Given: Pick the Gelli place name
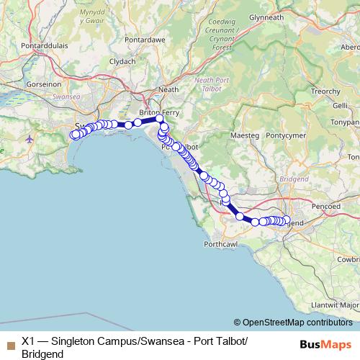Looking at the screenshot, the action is tap(341, 105).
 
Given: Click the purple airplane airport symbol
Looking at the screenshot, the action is tap(29, 138).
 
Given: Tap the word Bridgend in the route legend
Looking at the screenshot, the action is tap(43, 354).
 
